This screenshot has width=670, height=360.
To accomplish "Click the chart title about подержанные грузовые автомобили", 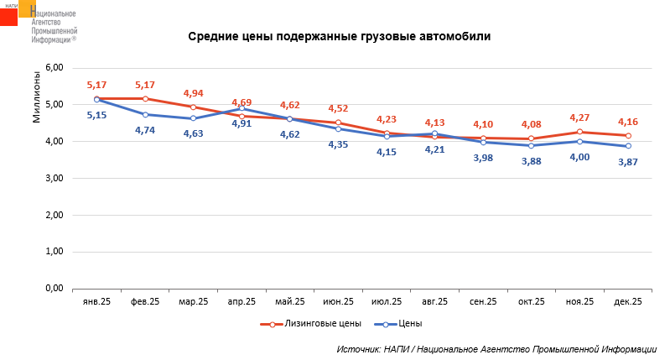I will click(339, 37).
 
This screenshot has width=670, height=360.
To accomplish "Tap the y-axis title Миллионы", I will click(36, 97).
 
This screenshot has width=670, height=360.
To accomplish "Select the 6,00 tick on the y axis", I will click(54, 68).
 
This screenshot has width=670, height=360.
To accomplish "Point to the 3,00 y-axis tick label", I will click(54, 178).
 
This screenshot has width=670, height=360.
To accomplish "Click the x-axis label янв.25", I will click(97, 301).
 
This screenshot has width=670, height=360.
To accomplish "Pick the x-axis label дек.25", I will click(628, 301).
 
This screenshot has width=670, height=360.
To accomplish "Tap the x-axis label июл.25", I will click(387, 301).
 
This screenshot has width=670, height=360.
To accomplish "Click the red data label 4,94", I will click(194, 93).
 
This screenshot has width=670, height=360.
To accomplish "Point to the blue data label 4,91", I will click(242, 123).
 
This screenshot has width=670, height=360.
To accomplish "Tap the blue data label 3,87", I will click(628, 162).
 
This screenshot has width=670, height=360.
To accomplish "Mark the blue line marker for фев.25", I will click(145, 114).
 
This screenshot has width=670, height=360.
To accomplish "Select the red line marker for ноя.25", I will click(579, 132).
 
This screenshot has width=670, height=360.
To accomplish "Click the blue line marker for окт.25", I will click(532, 146).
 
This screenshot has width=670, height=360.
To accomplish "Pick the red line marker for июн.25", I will click(338, 123).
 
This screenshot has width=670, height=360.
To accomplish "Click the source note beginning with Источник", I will click(496, 348).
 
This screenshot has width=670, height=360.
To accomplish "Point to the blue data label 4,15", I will click(387, 152).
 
